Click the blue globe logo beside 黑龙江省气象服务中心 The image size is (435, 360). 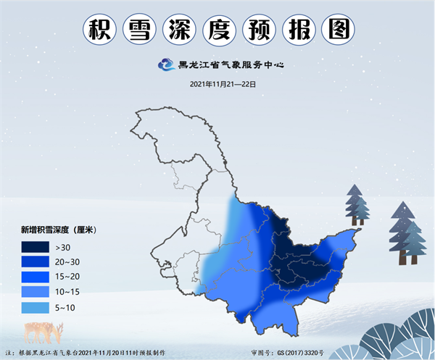coord(166,65)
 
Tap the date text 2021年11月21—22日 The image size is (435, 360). coord(223,84)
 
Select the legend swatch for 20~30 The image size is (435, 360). coord(40,261)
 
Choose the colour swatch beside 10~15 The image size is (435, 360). coord(40,292)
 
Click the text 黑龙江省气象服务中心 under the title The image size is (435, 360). coord(231,65)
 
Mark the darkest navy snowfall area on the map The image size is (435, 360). coord(290,246)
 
